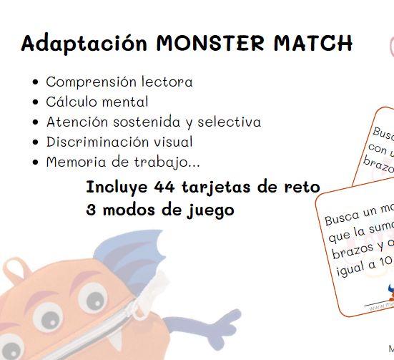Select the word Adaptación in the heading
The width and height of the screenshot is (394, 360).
(x=85, y=44)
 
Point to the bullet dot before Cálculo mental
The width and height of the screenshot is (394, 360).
(x=36, y=102)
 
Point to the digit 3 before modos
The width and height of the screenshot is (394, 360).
(x=91, y=211)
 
